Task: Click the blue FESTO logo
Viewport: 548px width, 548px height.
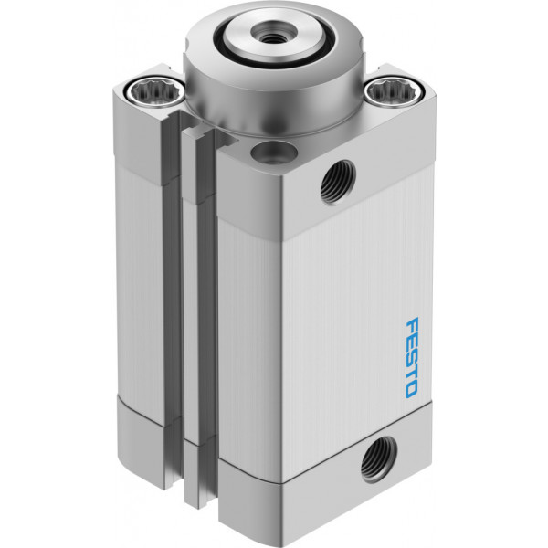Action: coord(411,357)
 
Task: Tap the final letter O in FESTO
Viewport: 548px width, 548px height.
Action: coord(411,390)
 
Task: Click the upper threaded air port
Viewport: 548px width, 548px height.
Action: coord(338,182)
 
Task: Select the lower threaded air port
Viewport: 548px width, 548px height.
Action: coord(379,458)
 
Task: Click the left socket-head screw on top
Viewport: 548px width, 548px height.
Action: coord(155,91)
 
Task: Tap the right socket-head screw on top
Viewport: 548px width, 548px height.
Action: coord(395,90)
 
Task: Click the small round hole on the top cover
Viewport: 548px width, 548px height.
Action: coord(274,153)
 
